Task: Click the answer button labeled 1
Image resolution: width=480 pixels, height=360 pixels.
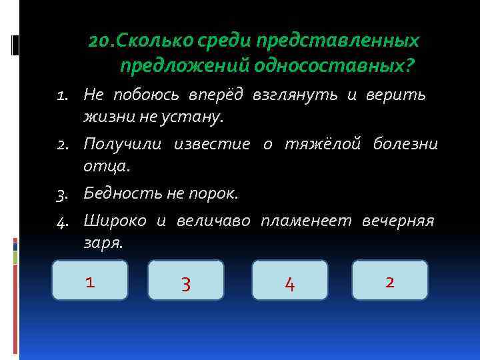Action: point(90,280)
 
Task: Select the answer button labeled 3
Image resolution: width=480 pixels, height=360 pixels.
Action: point(186,280)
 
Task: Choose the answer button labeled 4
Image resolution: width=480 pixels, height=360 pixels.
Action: point(290,280)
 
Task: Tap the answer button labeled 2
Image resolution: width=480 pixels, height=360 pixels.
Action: point(390,280)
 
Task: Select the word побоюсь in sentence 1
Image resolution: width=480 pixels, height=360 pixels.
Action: point(139,96)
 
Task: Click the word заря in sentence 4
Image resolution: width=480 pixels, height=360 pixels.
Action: point(102,242)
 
